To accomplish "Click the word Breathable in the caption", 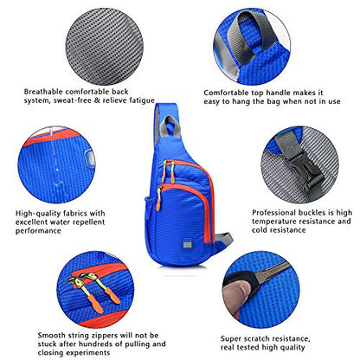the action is click(43, 92).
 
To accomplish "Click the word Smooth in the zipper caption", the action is click(52, 336).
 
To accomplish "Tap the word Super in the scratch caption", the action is click(231, 338).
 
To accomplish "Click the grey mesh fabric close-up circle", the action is click(105, 47).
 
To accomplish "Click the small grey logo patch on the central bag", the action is click(187, 244).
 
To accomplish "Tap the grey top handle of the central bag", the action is click(172, 126).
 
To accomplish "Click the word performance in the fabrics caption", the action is click(38, 231).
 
